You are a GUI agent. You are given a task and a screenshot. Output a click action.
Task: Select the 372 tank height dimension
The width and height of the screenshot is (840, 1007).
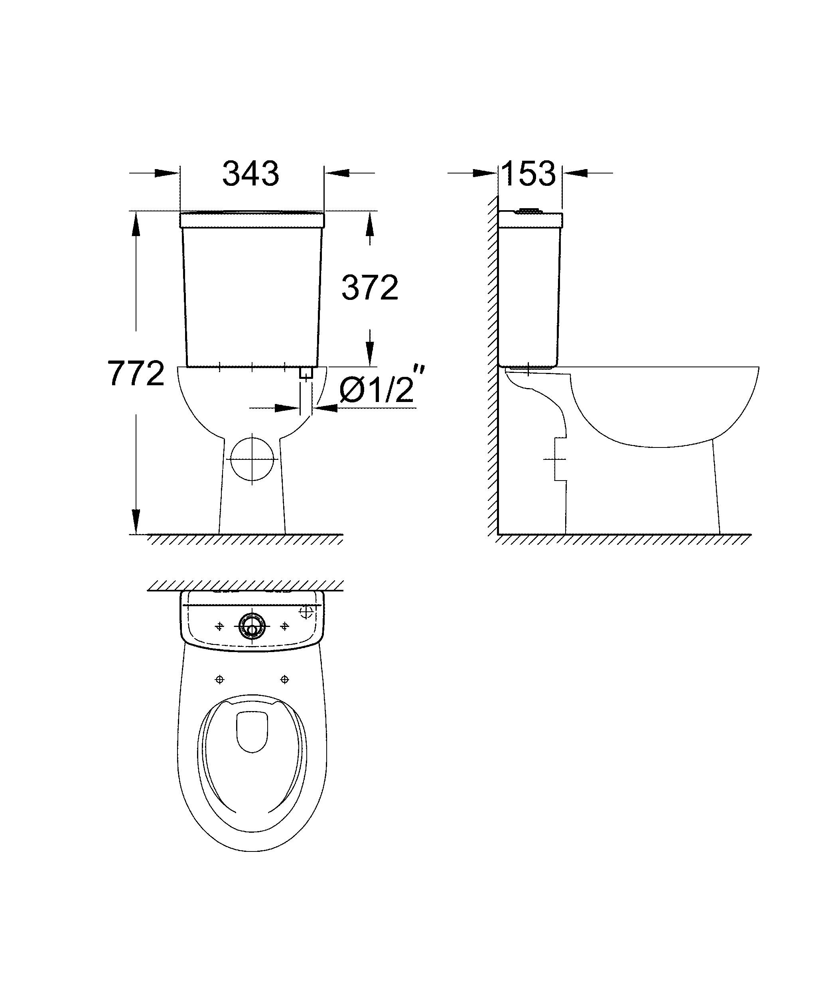(x=370, y=288)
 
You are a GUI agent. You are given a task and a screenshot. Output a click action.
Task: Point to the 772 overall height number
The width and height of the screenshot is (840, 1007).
(x=136, y=374)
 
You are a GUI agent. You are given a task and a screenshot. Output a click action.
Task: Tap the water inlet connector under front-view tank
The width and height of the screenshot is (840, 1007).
(x=306, y=372)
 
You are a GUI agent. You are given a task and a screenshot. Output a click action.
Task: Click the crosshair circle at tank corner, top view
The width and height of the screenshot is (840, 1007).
(x=306, y=612)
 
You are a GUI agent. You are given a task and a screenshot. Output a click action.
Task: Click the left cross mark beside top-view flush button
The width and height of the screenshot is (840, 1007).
(x=220, y=626)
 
